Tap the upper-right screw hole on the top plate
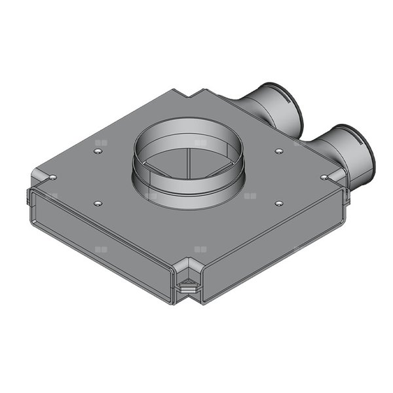[279, 151]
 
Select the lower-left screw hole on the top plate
[98, 203]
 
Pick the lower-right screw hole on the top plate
[279, 203]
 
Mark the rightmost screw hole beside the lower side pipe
[324, 177]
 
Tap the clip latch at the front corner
[189, 286]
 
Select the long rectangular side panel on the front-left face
[98, 236]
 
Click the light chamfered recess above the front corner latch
[188, 270]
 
